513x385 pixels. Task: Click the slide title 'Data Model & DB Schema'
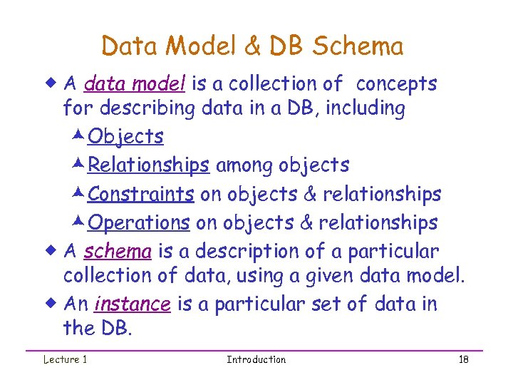[252, 46]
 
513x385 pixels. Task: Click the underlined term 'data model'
[135, 84]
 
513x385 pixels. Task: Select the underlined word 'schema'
[118, 252]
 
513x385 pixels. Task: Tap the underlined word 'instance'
[133, 304]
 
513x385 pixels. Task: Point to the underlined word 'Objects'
[125, 136]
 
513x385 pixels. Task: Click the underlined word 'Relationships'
[148, 165]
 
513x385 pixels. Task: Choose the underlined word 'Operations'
[138, 223]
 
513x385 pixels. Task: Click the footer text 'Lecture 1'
[65, 359]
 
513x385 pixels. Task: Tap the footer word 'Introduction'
[256, 359]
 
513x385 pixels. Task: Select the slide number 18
[463, 359]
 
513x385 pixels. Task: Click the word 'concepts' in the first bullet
[396, 84]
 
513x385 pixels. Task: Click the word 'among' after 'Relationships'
[244, 165]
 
